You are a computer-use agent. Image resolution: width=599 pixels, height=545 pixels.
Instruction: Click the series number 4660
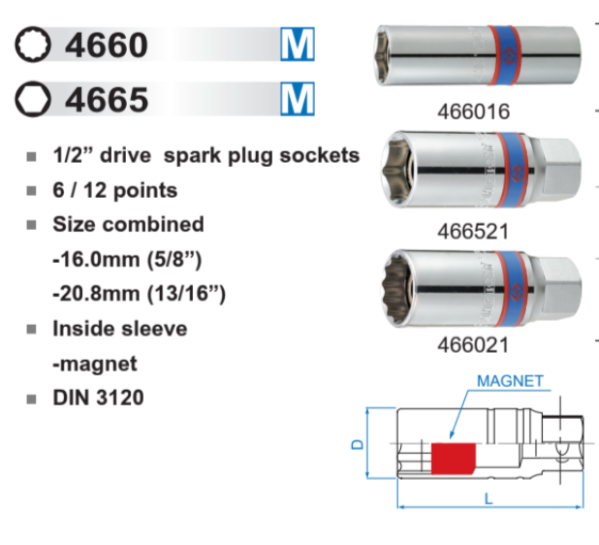(x=107, y=46)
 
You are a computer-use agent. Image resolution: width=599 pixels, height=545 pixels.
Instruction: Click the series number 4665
(x=107, y=99)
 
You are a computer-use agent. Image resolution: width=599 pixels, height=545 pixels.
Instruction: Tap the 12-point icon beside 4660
(x=33, y=45)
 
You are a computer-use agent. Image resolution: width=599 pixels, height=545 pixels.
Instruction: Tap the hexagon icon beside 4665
(x=33, y=99)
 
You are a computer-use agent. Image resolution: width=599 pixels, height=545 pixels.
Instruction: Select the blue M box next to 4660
(x=298, y=44)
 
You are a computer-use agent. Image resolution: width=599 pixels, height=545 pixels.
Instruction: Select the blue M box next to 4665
(x=298, y=99)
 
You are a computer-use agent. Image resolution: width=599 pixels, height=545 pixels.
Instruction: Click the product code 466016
(x=474, y=112)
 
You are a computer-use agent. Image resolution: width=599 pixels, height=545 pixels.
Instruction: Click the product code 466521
(x=473, y=231)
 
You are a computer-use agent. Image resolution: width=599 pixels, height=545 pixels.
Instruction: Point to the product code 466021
(x=473, y=345)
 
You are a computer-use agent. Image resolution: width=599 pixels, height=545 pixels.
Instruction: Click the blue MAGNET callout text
(x=511, y=381)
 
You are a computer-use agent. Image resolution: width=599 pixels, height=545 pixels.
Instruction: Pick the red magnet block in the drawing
(x=454, y=459)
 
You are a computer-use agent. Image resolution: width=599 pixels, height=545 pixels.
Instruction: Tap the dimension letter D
(x=358, y=444)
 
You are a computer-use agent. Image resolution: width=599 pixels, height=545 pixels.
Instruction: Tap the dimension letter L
(x=489, y=498)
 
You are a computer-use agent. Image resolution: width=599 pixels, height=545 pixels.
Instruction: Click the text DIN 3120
(x=98, y=398)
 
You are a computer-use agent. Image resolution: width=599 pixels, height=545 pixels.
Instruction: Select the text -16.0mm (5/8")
(x=127, y=260)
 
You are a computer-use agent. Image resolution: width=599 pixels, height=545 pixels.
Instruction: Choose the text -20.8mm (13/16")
(x=140, y=294)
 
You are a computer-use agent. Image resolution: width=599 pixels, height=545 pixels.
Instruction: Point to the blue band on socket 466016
(x=505, y=56)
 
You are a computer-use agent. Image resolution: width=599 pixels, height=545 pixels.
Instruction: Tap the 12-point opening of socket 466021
(x=396, y=289)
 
